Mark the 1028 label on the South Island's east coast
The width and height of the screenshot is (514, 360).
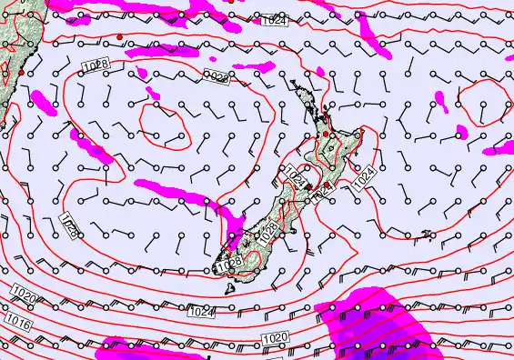268,233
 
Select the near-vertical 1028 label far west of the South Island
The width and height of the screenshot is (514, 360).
69,225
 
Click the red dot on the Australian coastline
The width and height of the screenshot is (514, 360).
21,72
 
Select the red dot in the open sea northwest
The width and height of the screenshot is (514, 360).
119,36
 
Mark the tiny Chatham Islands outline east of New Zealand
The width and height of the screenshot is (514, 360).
427,235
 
